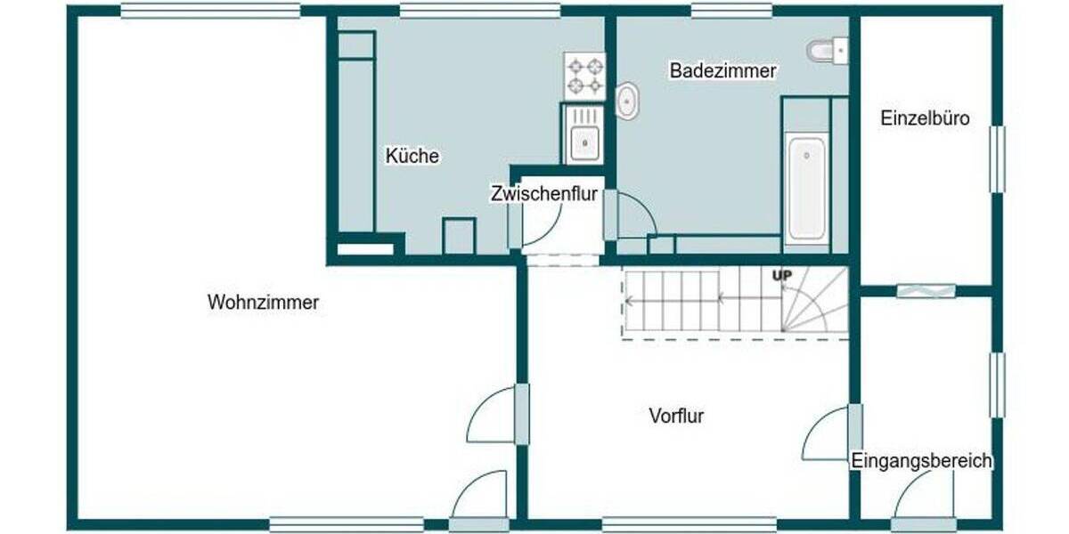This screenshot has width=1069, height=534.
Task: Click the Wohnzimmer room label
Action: pos(263,303)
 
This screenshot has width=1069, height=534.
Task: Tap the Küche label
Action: pos(412,156)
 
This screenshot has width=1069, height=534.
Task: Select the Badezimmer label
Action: pos(722,71)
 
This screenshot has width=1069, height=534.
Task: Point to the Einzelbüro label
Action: pos(925,117)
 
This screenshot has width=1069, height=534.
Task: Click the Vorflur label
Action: pos(676,415)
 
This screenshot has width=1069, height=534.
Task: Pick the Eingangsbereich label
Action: pos(921,461)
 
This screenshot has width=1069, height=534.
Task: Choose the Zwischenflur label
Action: pos(543,194)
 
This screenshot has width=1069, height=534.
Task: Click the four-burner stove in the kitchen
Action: pos(584,75)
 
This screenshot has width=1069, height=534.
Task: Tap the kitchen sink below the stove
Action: pos(584,135)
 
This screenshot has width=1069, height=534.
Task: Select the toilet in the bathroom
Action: pos(828,51)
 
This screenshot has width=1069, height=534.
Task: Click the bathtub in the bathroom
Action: pos(806,188)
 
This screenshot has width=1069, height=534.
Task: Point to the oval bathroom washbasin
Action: pos(628,101)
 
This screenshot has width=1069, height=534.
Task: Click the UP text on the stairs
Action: pos(781,276)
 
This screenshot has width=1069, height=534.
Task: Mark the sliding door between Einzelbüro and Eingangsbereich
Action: pos(926,290)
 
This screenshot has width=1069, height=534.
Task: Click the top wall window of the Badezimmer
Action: pos(730,11)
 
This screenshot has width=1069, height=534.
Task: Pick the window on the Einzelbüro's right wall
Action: pos(997,158)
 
